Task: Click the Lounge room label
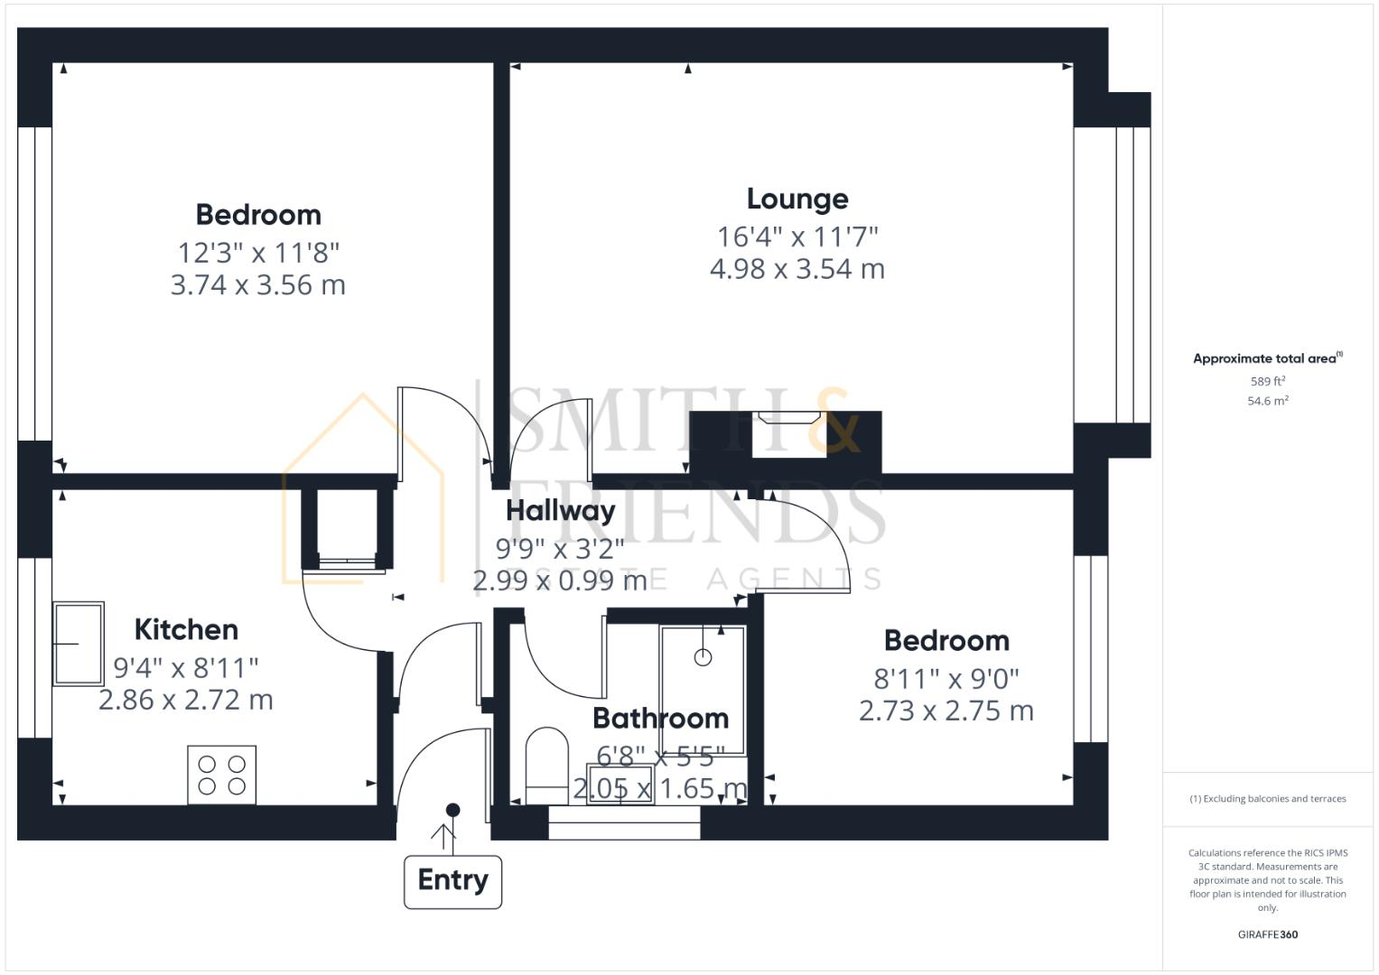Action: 797,200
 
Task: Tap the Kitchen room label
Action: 186,629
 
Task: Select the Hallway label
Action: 560,510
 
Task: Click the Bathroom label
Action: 660,719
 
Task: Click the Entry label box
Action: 452,880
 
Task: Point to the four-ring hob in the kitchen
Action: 221,775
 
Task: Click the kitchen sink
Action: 78,644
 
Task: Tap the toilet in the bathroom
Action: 546,763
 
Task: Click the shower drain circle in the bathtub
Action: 703,658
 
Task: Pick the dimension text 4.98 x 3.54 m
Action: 797,269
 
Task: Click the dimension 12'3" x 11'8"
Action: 257,252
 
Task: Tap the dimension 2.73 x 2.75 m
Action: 946,711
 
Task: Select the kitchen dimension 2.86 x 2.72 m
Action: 185,701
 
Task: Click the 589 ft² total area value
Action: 1267,382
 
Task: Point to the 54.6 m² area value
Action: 1267,401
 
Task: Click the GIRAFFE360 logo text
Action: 1267,934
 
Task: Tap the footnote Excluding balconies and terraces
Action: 1267,799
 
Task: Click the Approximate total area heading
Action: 1266,358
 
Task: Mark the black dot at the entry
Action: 452,810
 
